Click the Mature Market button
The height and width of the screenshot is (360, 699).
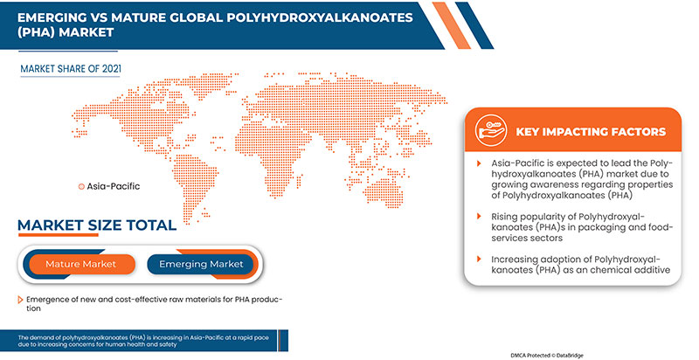81,264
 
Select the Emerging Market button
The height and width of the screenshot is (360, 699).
201,264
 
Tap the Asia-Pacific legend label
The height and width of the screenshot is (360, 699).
114,186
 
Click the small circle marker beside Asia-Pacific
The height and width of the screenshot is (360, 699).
81,187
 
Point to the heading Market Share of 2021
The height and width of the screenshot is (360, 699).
71,69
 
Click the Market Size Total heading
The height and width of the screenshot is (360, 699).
97,225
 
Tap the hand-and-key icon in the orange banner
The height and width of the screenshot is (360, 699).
490,130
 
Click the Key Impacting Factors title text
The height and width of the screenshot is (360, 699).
591,132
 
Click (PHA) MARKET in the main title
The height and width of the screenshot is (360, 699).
66,32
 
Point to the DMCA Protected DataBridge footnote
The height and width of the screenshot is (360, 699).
547,355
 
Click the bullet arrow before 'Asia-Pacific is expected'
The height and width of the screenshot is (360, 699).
479,163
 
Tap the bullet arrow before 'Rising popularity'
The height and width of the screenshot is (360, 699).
479,217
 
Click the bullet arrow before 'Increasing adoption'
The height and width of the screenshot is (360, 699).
479,259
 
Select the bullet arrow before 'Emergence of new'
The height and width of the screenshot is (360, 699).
20,300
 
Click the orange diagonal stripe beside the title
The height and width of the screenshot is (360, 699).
451,25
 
